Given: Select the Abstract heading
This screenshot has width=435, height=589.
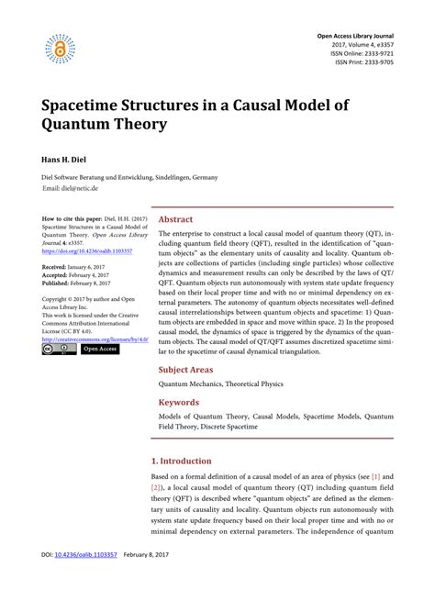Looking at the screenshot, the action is point(176,220).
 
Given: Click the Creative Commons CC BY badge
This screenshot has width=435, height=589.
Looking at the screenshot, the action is point(59,350).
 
